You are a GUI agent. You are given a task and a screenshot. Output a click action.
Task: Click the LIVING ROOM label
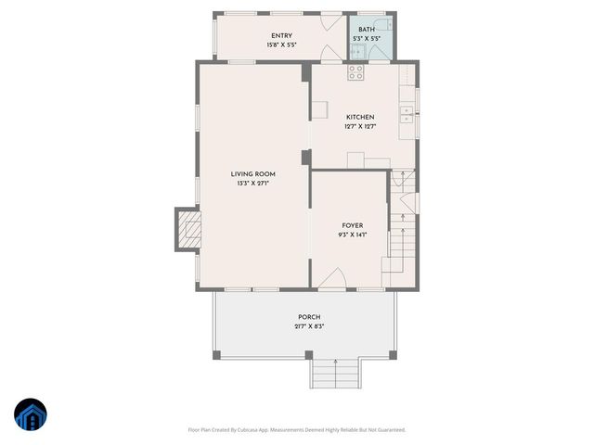[x=252, y=174]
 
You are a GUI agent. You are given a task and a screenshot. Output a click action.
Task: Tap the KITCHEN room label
[x=360, y=117]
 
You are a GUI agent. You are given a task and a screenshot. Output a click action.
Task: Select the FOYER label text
[x=352, y=225]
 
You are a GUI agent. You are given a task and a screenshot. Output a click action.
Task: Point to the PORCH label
[x=309, y=317]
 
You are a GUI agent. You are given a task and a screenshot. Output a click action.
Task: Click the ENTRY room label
[x=282, y=36]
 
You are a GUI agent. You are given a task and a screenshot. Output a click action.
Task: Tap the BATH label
[x=367, y=30]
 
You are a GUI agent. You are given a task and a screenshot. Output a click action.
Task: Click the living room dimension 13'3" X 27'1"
[x=252, y=184]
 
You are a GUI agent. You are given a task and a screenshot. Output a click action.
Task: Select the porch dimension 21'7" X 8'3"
[x=309, y=326]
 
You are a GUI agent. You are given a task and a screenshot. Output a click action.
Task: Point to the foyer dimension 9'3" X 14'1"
[x=352, y=235]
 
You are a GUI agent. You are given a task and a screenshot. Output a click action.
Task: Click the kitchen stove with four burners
[x=356, y=70]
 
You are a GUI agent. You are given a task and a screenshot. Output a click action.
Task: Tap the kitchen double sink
[x=406, y=114]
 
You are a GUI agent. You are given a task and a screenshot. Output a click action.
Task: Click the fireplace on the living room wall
[x=188, y=231]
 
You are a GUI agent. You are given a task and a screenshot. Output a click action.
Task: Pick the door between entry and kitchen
[x=329, y=54]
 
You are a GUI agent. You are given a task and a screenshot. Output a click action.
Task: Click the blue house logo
[x=29, y=414]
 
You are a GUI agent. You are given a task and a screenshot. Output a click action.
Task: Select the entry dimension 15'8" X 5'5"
[x=282, y=44]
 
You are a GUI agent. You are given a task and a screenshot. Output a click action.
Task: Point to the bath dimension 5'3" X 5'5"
[x=367, y=38]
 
